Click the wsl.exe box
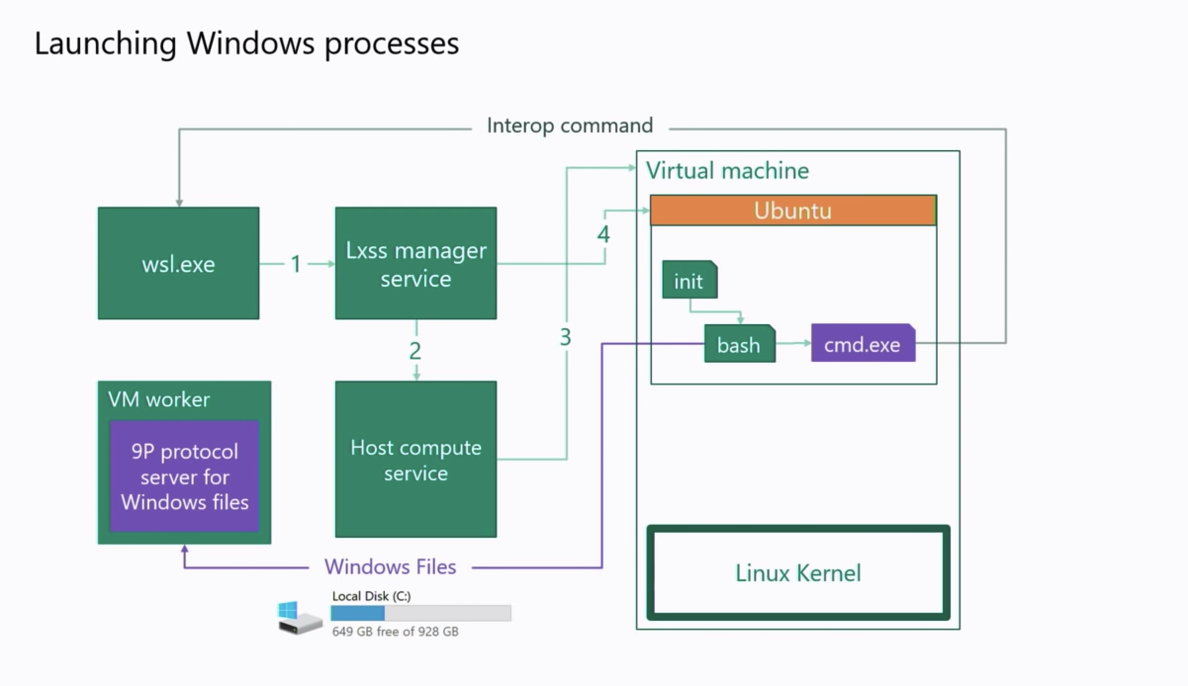[179, 263]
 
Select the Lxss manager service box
[415, 263]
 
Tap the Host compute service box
[415, 460]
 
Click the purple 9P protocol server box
[184, 476]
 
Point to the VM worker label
[159, 399]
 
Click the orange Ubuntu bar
[792, 211]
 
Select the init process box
[689, 281]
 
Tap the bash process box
[739, 344]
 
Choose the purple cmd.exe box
[862, 344]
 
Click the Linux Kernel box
[798, 573]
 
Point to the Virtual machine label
[727, 171]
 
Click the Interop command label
[570, 126]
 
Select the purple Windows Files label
[390, 566]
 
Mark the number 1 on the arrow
[296, 264]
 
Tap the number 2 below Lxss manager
[415, 351]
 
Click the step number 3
[565, 337]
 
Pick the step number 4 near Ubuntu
[603, 234]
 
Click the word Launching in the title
[105, 43]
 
